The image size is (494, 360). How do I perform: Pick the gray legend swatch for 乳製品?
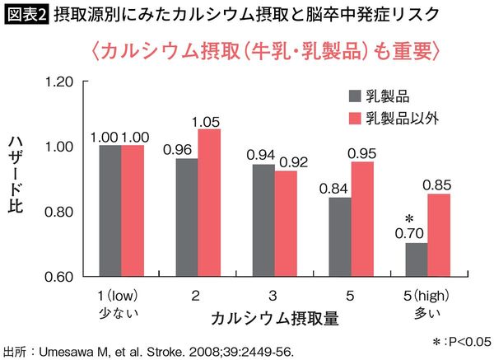(356, 95)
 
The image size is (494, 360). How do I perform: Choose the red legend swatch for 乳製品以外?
(356, 117)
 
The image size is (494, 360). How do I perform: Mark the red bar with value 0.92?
(287, 223)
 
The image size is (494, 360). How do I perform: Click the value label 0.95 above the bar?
(363, 153)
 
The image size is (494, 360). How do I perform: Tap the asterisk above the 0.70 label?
(408, 219)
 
